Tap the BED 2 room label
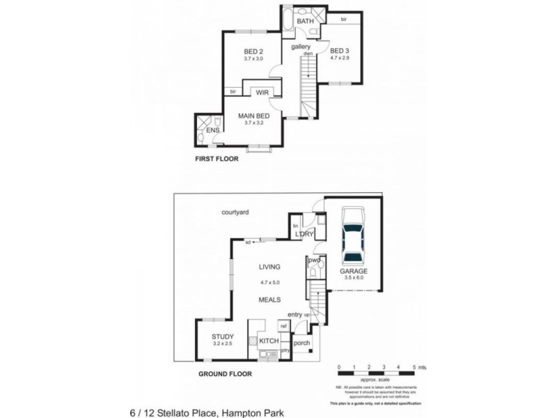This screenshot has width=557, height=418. [253, 51]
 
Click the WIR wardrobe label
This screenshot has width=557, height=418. [262, 92]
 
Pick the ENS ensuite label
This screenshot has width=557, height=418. [213, 130]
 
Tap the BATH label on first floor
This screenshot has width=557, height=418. [305, 22]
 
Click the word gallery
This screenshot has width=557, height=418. [301, 47]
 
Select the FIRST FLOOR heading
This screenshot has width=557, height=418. [217, 159]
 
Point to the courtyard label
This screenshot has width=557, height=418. [235, 212]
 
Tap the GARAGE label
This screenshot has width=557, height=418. [354, 271]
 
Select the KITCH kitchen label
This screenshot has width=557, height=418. [269, 341]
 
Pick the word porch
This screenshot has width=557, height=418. [302, 343]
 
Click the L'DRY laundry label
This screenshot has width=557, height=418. [305, 235]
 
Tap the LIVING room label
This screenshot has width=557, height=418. [269, 266]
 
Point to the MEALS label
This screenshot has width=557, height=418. [269, 300]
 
